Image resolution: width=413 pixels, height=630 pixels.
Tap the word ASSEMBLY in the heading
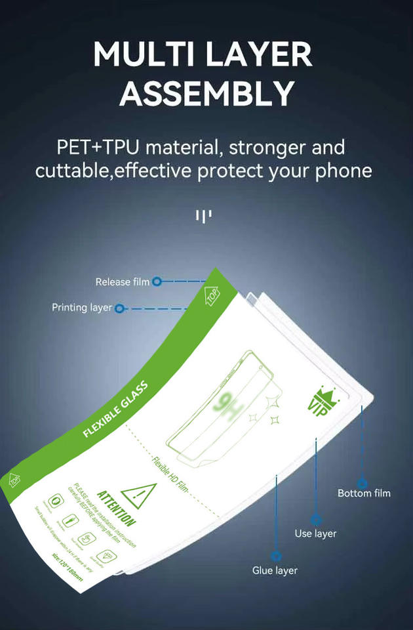tap(206, 94)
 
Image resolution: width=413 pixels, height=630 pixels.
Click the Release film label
tap(123, 282)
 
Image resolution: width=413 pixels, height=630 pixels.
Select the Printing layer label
tap(82, 307)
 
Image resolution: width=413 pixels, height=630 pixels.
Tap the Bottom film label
tap(364, 493)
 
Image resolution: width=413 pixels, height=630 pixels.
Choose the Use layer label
tap(315, 534)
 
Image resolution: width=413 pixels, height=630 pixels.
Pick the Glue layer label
tap(275, 570)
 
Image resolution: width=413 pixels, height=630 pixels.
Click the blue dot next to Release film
tap(157, 282)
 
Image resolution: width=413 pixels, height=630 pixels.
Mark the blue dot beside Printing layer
tap(119, 308)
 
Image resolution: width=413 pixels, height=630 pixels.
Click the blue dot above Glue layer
tap(276, 555)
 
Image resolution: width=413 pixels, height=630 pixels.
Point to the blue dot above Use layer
tap(316, 518)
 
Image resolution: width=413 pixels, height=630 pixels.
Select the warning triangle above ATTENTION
tap(140, 495)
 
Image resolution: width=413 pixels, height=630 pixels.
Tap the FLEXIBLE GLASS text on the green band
tap(115, 411)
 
